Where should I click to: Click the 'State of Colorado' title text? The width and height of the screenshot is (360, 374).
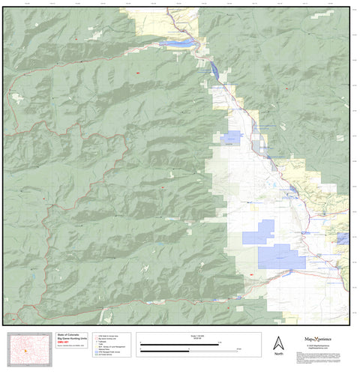[x=64, y=337]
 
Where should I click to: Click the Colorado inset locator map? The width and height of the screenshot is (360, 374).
[x=28, y=350]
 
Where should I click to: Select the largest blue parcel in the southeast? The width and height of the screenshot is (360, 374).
[x=280, y=256]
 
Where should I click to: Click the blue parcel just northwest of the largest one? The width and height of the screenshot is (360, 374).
[x=259, y=232]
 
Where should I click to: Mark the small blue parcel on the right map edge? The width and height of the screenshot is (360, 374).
[x=343, y=238]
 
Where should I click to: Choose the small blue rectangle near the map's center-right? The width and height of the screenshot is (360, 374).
[x=231, y=138]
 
